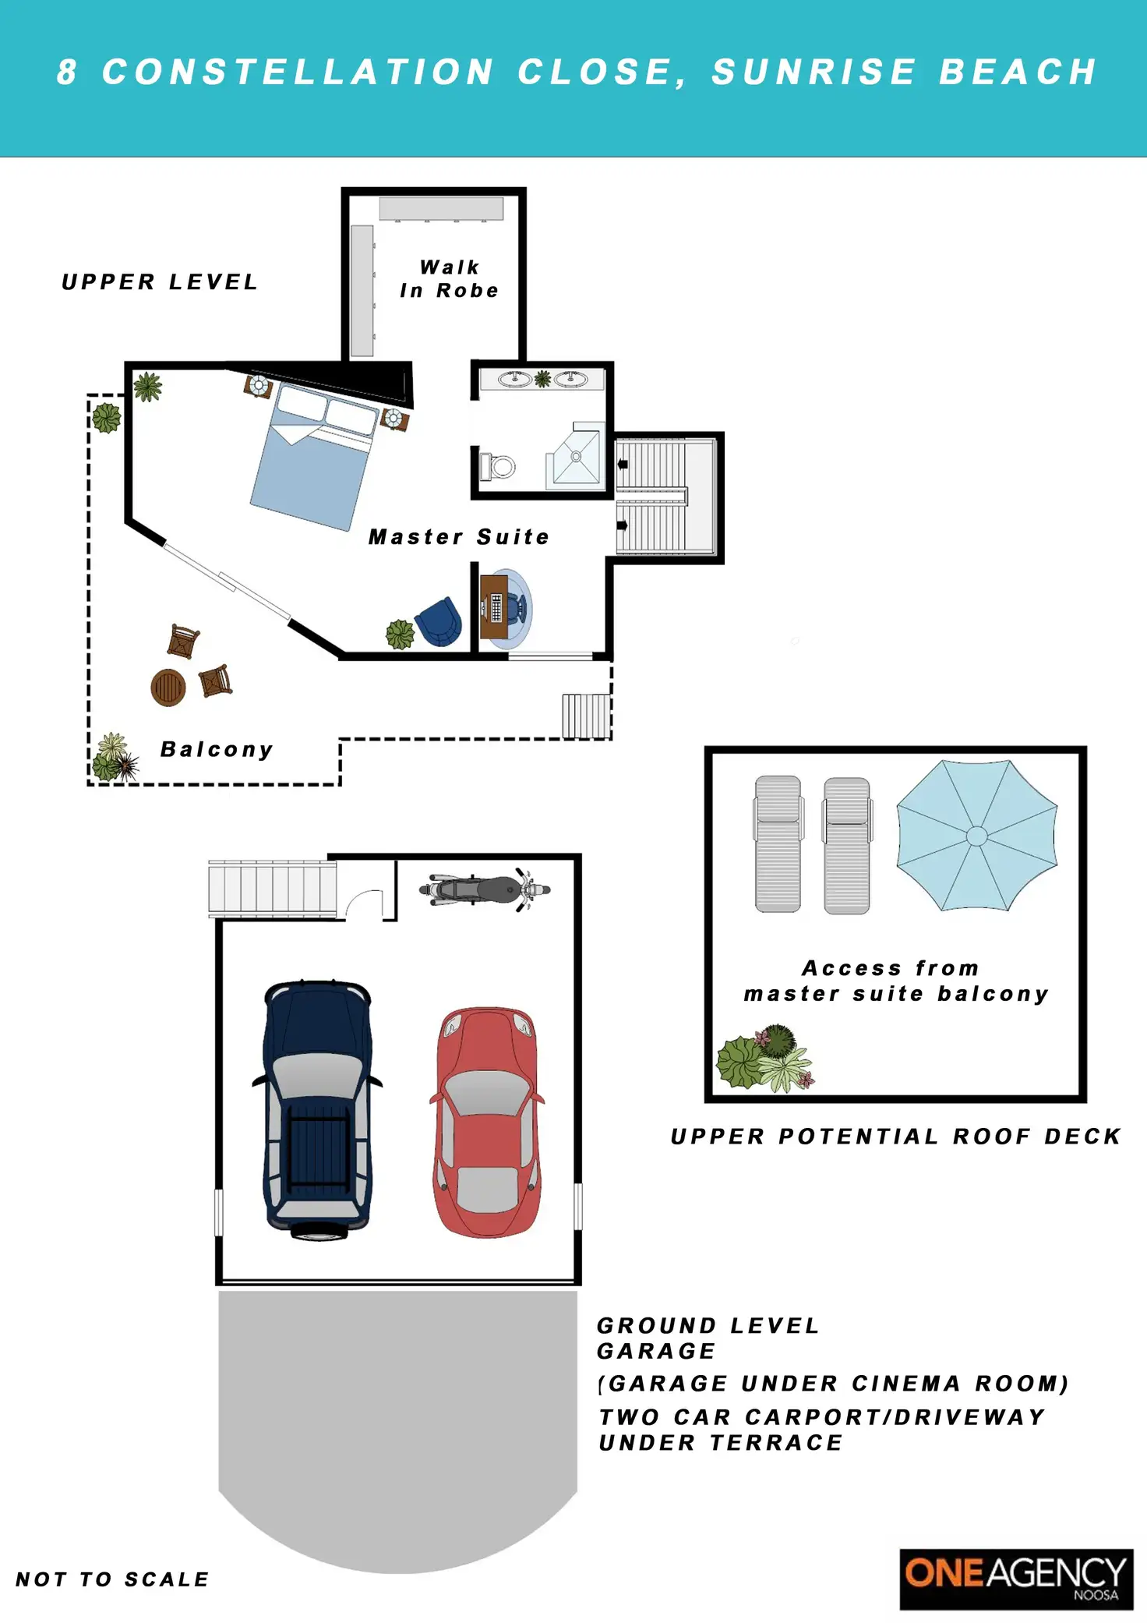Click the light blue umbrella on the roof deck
click(x=977, y=835)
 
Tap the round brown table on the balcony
click(x=168, y=687)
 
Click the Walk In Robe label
click(x=450, y=279)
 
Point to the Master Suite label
click(x=459, y=537)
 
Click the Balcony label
click(x=217, y=750)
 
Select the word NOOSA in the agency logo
click(x=1096, y=1595)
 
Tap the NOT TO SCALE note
click(x=113, y=1579)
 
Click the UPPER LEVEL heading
click(x=160, y=282)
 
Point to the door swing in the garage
click(x=365, y=903)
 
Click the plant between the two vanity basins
click(x=543, y=379)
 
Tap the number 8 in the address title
click(x=67, y=72)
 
